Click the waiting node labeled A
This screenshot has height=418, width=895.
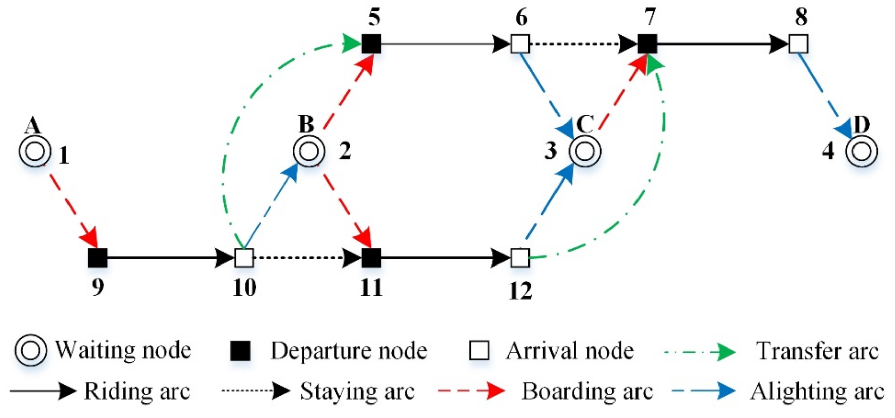pyautogui.click(x=35, y=151)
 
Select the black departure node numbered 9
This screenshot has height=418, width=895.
pyautogui.click(x=98, y=258)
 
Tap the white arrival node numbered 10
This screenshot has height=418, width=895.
pyautogui.click(x=244, y=258)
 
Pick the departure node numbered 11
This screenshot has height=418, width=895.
pyautogui.click(x=372, y=258)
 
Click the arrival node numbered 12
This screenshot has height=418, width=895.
pyautogui.click(x=520, y=258)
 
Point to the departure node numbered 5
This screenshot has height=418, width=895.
pyautogui.click(x=372, y=44)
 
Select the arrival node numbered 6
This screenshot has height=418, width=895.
pyautogui.click(x=520, y=44)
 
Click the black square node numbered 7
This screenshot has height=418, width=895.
pyautogui.click(x=647, y=44)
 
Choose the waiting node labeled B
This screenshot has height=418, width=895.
pyautogui.click(x=309, y=151)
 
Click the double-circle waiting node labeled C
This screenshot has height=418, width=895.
pyautogui.click(x=585, y=151)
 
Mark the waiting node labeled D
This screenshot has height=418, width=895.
pyautogui.click(x=862, y=151)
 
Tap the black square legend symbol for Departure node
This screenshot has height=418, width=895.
pyautogui.click(x=240, y=351)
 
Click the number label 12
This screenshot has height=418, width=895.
pyautogui.click(x=520, y=291)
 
